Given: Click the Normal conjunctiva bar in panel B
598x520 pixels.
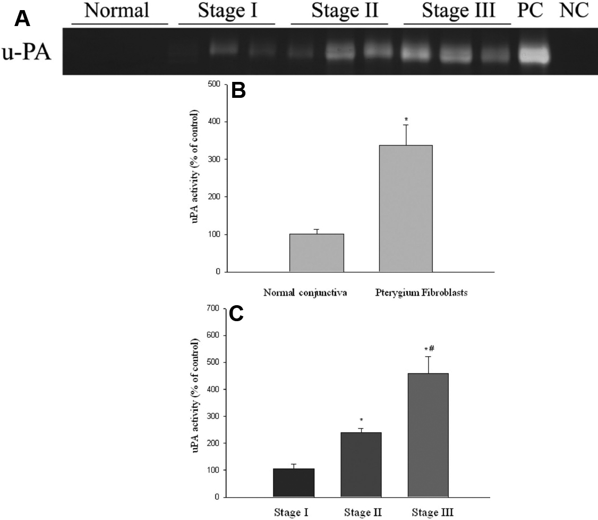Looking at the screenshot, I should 317,253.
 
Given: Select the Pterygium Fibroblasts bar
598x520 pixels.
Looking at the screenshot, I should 406,208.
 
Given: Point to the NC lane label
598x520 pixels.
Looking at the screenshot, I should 574,11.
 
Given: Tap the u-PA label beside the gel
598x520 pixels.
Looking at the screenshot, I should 27,53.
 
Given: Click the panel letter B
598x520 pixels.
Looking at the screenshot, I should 239,91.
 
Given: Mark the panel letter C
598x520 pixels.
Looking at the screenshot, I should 236,314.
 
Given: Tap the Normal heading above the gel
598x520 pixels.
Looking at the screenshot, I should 117,10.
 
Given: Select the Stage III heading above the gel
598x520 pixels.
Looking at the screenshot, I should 458,11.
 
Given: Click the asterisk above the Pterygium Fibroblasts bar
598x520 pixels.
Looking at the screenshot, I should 406,119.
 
